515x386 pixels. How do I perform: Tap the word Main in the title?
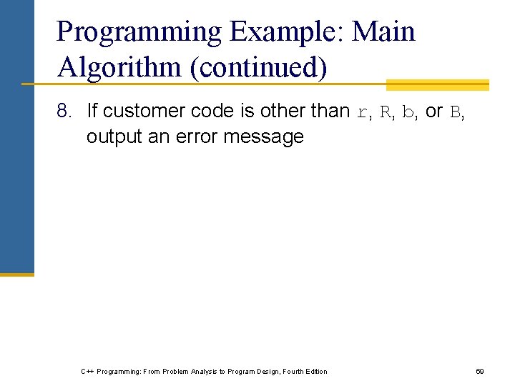(x=384, y=32)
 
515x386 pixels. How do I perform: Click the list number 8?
(x=65, y=112)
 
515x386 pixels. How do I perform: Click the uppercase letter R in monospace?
(x=384, y=112)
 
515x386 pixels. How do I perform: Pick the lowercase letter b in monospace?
(x=407, y=112)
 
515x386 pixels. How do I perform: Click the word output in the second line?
(x=114, y=137)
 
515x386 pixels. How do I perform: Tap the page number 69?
(x=480, y=371)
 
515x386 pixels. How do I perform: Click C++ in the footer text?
(x=87, y=371)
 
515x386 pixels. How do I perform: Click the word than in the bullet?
(x=330, y=112)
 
